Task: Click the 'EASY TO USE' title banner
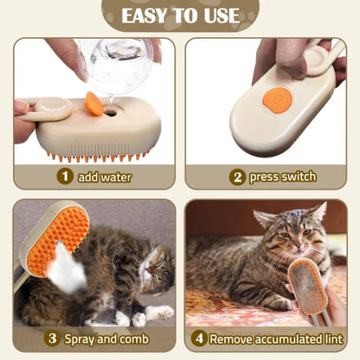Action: [x=180, y=16]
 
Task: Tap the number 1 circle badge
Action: [x=64, y=177]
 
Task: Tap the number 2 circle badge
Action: [x=236, y=177]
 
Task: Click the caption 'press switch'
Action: [x=282, y=177]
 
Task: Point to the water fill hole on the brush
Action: [x=111, y=112]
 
